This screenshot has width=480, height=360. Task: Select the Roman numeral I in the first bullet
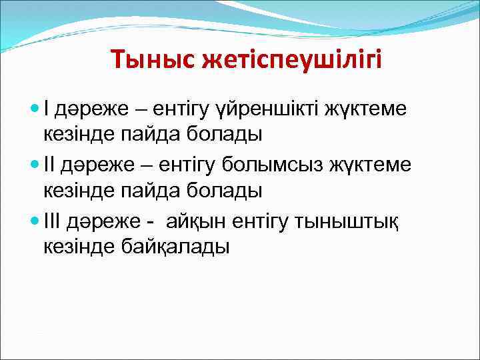(x=47, y=106)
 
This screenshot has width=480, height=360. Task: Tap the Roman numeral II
(x=50, y=163)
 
